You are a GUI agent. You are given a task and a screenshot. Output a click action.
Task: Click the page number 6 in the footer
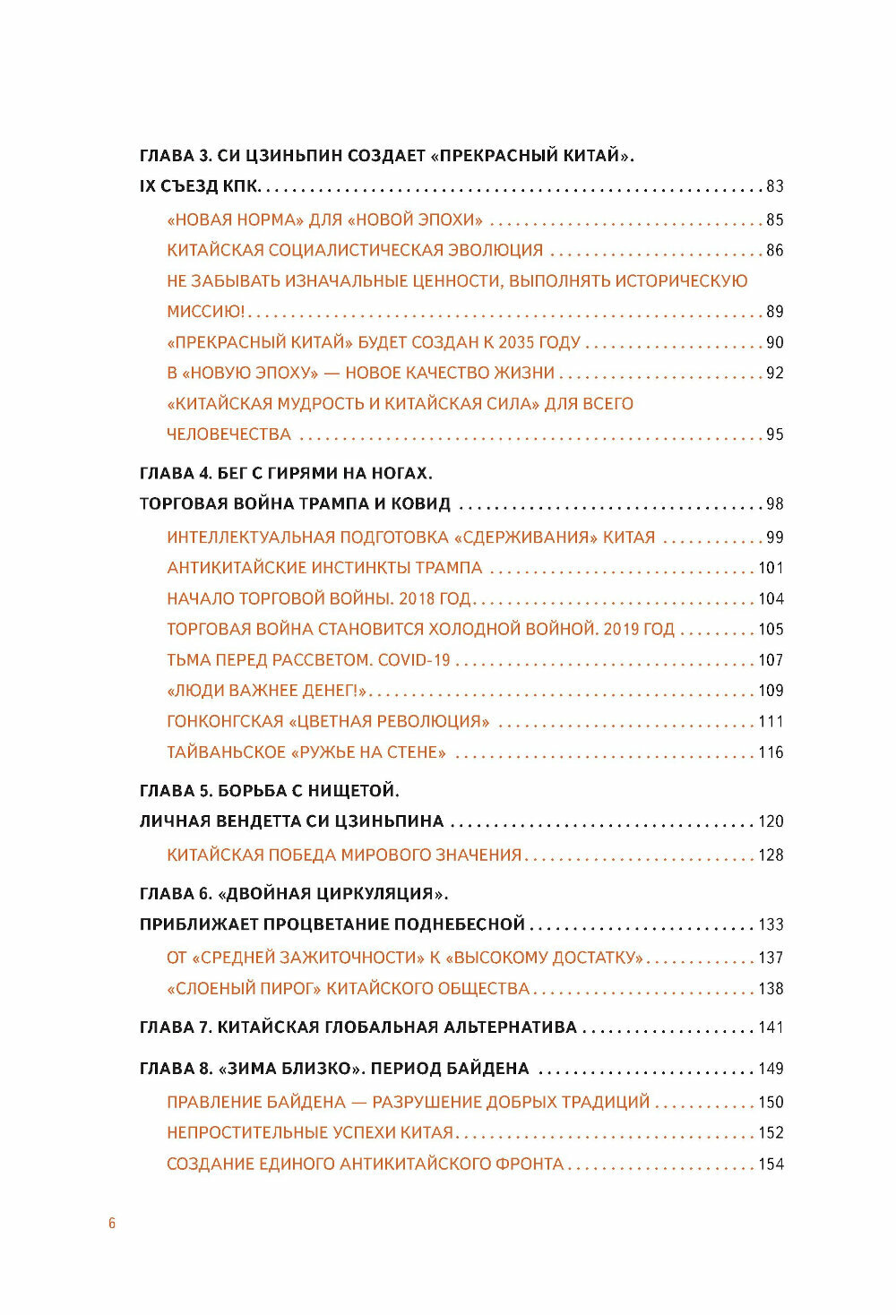(x=112, y=1224)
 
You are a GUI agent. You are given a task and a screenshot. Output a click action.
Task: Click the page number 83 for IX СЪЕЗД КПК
(x=774, y=186)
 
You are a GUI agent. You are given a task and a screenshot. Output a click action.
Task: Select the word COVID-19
(x=414, y=660)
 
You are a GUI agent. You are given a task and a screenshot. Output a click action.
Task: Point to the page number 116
(x=771, y=752)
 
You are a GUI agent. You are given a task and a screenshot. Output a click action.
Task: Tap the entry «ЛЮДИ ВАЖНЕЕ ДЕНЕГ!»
(x=268, y=691)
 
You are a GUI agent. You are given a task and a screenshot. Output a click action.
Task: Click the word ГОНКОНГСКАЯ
(x=225, y=722)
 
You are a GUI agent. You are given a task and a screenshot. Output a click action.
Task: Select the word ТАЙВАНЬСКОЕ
(x=226, y=752)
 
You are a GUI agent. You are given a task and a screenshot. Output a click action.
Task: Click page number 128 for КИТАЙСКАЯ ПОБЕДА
(x=771, y=855)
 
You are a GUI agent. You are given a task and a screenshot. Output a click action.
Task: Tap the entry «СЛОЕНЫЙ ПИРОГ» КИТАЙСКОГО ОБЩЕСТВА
(x=348, y=989)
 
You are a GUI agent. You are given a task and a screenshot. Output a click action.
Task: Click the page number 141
(x=771, y=1027)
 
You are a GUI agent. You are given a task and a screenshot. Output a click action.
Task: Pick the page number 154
(x=771, y=1165)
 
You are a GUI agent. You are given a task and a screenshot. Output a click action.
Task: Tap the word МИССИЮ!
(x=205, y=312)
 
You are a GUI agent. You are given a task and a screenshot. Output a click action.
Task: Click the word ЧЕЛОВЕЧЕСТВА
(x=228, y=434)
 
